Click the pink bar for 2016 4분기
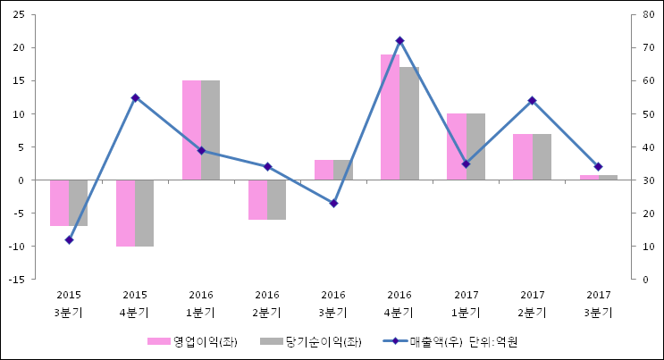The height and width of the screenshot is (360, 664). [390, 117]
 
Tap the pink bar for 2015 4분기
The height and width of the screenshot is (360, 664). [125, 213]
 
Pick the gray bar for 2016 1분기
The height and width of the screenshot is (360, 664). [211, 130]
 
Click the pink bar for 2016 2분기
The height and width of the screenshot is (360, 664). [257, 199]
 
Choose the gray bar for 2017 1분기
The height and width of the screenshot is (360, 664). [475, 147]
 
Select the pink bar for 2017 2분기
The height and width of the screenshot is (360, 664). [522, 156]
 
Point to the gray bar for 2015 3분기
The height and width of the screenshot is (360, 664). [79, 203]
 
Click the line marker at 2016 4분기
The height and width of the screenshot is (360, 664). [399, 40]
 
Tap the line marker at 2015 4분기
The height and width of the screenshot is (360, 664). [135, 97]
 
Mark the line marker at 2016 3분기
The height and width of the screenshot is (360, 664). [333, 204]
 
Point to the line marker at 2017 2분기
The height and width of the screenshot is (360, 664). [532, 100]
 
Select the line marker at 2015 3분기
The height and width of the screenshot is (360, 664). [69, 239]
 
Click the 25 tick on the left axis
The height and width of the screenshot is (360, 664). [17, 14]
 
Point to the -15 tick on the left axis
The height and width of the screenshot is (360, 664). [15, 280]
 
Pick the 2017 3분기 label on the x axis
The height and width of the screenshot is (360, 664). [598, 304]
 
